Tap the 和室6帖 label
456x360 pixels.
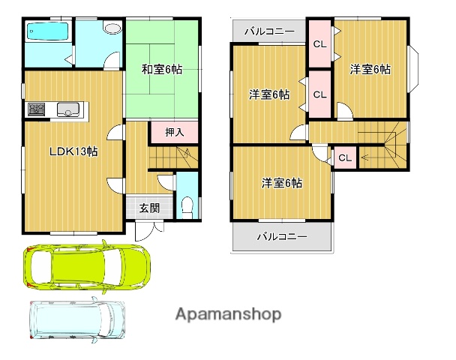coord(163,70)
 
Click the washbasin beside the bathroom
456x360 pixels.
coord(112,28)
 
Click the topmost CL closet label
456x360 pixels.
coord(319,44)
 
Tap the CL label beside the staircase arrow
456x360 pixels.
coord(344,157)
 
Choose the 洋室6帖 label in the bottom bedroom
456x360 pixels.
coord(282,182)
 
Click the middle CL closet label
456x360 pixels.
coord(319,94)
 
